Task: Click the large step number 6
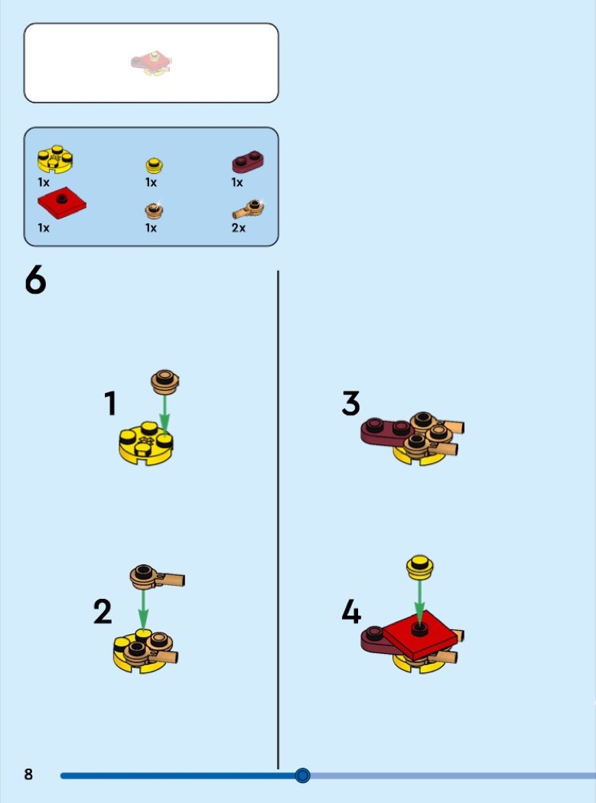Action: (35, 281)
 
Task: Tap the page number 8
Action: (29, 774)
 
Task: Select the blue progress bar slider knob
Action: (302, 775)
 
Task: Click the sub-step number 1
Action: (110, 403)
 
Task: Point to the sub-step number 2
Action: (103, 612)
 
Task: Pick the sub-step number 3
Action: (351, 403)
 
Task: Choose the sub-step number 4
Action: (351, 612)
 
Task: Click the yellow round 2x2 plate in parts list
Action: (55, 159)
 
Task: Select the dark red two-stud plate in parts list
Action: (248, 161)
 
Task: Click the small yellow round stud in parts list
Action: (155, 165)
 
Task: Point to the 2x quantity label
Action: (238, 228)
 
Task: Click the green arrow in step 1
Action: (164, 415)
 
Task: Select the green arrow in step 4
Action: (420, 600)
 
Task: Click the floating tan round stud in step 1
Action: (165, 382)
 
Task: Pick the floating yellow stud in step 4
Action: (420, 567)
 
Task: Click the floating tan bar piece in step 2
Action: (157, 577)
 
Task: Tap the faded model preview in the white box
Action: (151, 63)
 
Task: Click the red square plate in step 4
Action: (420, 635)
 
